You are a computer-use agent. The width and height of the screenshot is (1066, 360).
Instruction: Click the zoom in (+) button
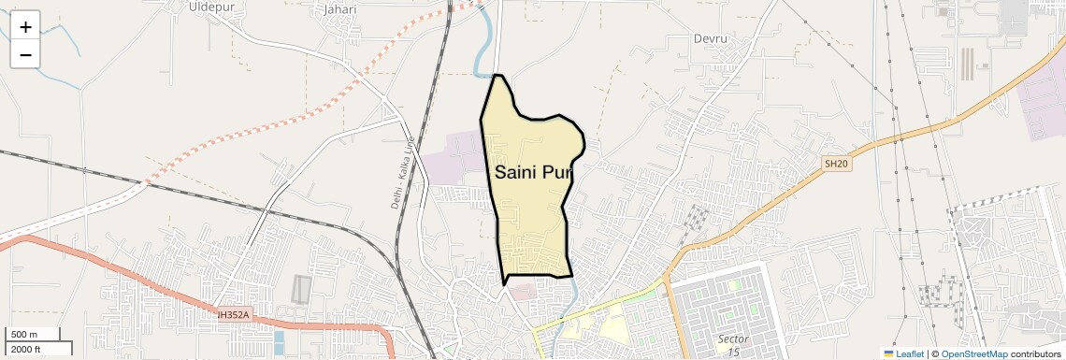pyautogui.click(x=25, y=26)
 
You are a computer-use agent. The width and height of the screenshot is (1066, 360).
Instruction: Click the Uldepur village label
pyautogui.click(x=210, y=7)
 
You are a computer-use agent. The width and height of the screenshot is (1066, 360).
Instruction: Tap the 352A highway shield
pyautogui.click(x=233, y=315)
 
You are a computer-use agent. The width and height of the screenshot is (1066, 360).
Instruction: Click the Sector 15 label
pyautogui.click(x=729, y=343)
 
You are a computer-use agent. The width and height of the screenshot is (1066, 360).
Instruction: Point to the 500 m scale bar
pyautogui.click(x=35, y=335)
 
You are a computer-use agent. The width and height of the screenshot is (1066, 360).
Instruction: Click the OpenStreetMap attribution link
pyautogui.click(x=973, y=353)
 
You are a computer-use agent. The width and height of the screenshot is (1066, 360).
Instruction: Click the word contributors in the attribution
pyautogui.click(x=1035, y=353)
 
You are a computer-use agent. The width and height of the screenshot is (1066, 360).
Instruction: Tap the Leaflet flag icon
pyautogui.click(x=888, y=353)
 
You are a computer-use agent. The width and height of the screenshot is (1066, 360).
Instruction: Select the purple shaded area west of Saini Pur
pyautogui.click(x=455, y=154)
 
